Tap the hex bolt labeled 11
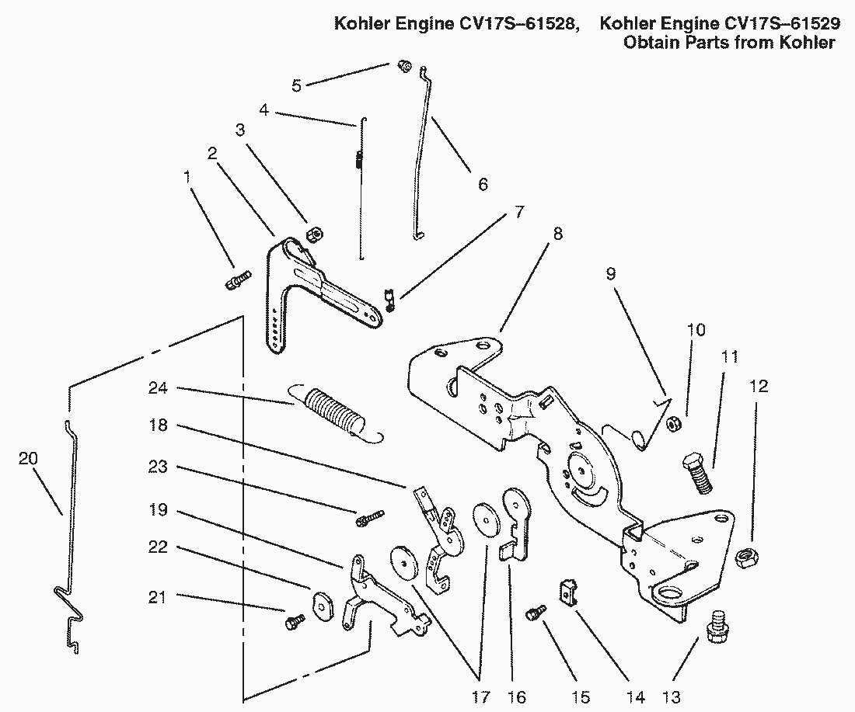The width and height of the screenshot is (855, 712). pos(698,473)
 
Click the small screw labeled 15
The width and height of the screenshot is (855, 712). pos(534,613)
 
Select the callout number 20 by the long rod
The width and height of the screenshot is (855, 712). pos(27,459)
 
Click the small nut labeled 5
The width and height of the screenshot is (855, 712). pos(404,67)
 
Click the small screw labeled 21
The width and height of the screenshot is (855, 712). pos(295,621)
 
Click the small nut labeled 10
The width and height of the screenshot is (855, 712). pos(673,424)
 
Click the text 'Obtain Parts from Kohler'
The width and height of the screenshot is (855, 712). pos(729,43)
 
